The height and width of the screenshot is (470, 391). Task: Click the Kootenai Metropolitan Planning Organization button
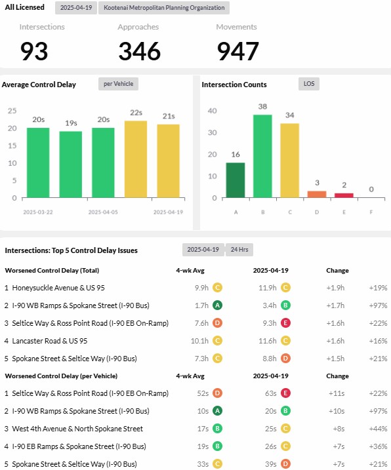tap(164, 8)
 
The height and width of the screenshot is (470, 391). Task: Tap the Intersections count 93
tap(34, 51)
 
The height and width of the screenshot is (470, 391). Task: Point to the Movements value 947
tap(237, 51)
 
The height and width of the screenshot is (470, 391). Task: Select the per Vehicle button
tap(118, 84)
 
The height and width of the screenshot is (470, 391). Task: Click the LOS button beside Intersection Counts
tap(309, 84)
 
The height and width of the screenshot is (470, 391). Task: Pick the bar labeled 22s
tap(136, 159)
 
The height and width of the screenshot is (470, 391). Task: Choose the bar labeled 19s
tap(70, 165)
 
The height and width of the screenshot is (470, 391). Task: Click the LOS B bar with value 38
tap(262, 156)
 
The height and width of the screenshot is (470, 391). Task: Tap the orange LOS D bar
tap(317, 194)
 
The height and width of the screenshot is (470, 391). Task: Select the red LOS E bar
tap(344, 195)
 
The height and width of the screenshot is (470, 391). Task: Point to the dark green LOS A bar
tap(236, 180)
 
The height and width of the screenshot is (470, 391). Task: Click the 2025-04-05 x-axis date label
tap(103, 212)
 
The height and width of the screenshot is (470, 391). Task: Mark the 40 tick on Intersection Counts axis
tap(212, 111)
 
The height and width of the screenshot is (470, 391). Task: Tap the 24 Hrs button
tap(239, 250)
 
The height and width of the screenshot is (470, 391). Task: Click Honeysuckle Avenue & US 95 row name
tap(58, 288)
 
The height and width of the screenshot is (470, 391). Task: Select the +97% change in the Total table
tap(378, 305)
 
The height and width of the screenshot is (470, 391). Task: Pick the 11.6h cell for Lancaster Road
tap(268, 341)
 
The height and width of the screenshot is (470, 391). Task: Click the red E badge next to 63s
tap(285, 393)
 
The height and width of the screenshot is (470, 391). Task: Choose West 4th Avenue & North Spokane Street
tap(77, 429)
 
